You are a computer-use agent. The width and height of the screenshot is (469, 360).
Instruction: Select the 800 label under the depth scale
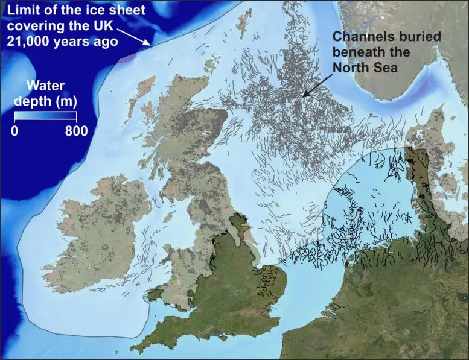pos(76,130)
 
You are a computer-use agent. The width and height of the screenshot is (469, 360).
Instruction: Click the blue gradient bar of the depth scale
pos(46,117)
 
